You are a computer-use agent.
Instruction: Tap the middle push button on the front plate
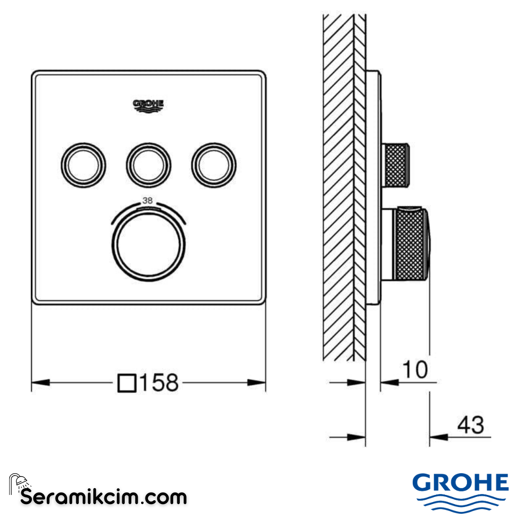tap(148, 164)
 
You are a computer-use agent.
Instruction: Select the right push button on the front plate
tap(214, 164)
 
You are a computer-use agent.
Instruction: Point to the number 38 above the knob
tap(148, 200)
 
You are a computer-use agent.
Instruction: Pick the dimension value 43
tap(470, 425)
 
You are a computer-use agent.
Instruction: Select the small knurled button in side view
tap(396, 164)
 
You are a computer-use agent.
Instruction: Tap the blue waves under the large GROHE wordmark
tap(460, 503)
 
